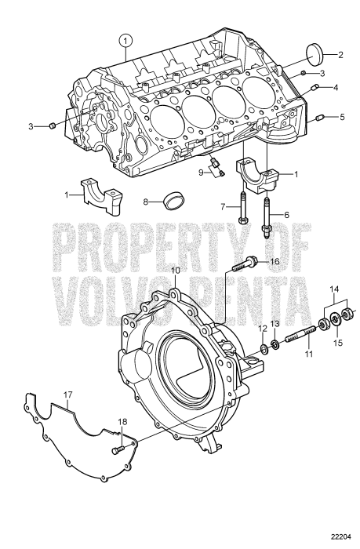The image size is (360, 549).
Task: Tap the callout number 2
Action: (341, 54)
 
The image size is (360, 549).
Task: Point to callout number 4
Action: (336, 88)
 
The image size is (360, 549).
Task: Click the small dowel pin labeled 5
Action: (319, 119)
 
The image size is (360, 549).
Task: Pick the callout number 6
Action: (286, 214)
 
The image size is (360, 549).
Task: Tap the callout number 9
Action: (201, 172)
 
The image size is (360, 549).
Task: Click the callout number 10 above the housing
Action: (176, 271)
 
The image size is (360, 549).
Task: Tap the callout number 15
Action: (338, 343)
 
